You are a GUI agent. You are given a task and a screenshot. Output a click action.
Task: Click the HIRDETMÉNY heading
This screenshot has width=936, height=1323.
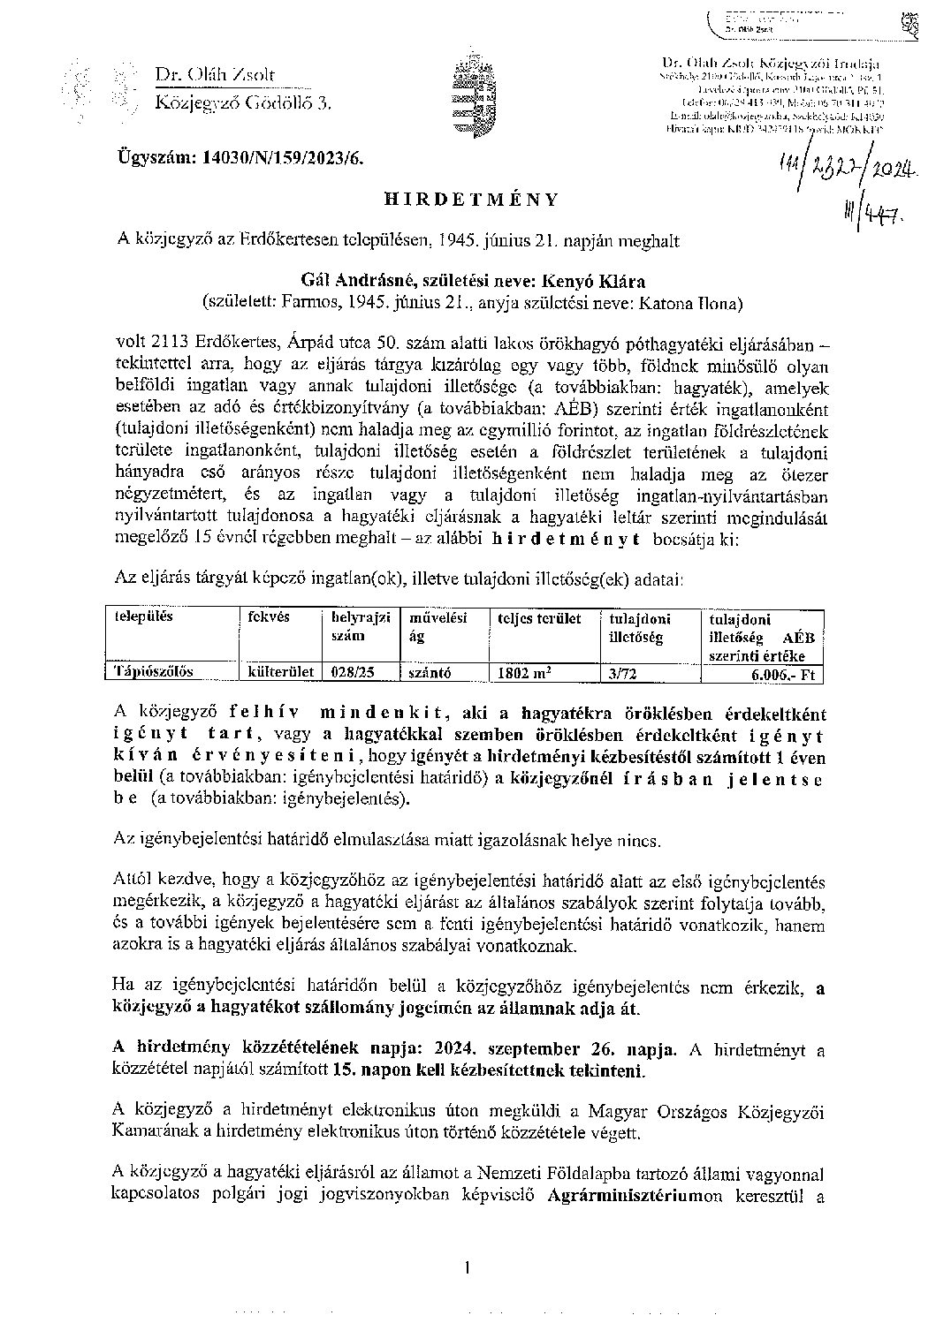[472, 200]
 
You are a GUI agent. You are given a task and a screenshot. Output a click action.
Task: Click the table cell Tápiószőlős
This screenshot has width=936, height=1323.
[155, 671]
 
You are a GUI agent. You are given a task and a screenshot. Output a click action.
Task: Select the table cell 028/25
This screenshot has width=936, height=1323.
[351, 671]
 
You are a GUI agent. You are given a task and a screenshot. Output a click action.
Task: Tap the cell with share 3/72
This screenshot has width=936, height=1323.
[622, 672]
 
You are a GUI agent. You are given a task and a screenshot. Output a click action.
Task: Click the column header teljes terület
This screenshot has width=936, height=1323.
[539, 618]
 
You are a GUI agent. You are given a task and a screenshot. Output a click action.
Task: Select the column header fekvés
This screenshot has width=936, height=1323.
[270, 618]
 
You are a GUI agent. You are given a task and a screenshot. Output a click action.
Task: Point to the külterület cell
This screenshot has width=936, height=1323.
[282, 671]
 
